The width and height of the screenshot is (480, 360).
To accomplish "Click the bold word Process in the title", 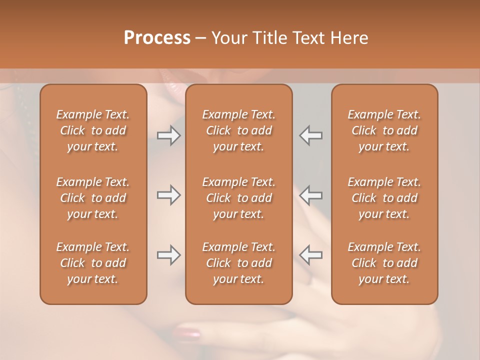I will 157,38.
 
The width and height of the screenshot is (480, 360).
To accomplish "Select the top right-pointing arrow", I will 168,135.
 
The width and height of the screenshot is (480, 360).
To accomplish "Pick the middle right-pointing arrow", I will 168,195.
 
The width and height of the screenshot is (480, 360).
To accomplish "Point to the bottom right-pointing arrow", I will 168,255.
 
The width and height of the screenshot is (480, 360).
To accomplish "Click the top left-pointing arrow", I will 310,135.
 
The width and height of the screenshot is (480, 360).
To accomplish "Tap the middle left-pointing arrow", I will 310,195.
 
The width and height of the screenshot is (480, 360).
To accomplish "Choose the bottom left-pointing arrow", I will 310,255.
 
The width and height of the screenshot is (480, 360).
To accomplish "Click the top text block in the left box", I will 93,130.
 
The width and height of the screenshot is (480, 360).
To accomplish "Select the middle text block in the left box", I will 93,198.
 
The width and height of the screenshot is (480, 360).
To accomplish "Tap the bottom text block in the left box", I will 93,263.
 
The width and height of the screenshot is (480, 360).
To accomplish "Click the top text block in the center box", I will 238,130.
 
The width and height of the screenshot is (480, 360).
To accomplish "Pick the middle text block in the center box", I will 238,198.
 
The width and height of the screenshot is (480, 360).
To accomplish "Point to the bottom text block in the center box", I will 238,263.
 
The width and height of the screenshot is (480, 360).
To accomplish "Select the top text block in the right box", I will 384,130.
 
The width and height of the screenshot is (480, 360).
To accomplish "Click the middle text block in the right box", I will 384,198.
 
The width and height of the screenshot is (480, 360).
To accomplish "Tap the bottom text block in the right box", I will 384,263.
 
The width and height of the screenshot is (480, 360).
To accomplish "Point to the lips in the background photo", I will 172,85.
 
